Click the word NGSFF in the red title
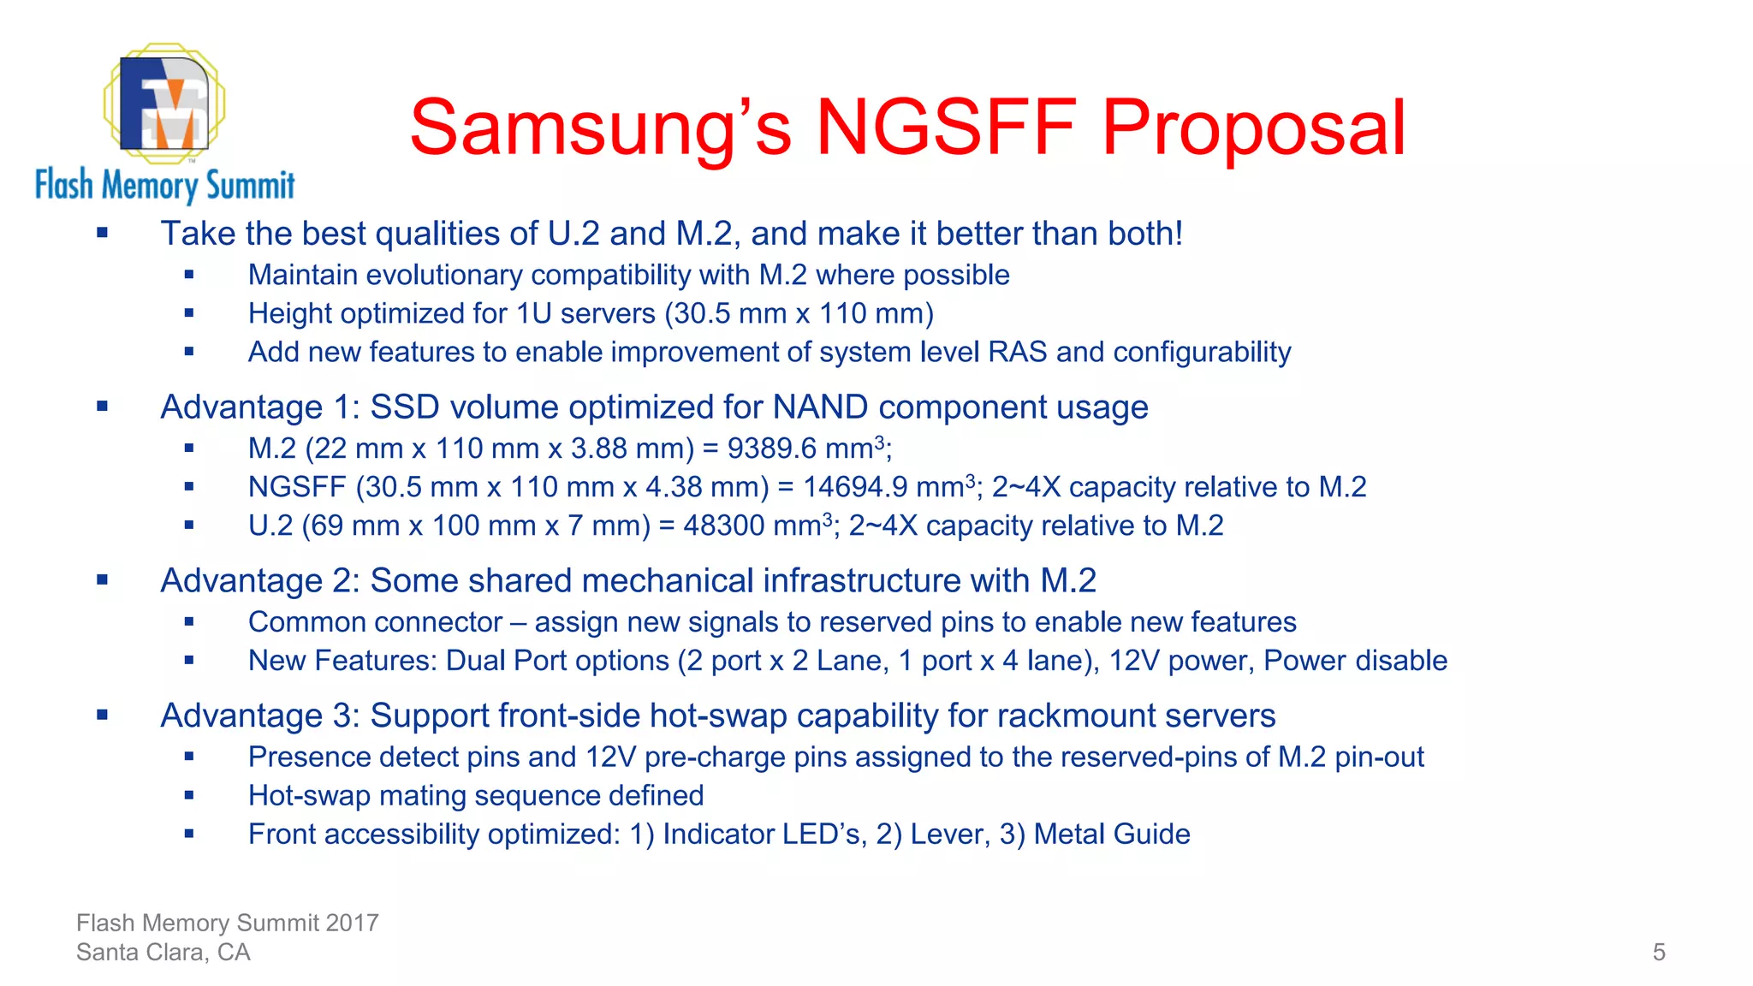(x=946, y=128)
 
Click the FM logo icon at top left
(x=164, y=103)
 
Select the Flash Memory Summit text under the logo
(x=164, y=185)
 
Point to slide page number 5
(x=1659, y=952)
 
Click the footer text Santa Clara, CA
(x=163, y=952)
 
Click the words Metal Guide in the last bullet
(x=1112, y=835)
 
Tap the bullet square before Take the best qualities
(x=103, y=233)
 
